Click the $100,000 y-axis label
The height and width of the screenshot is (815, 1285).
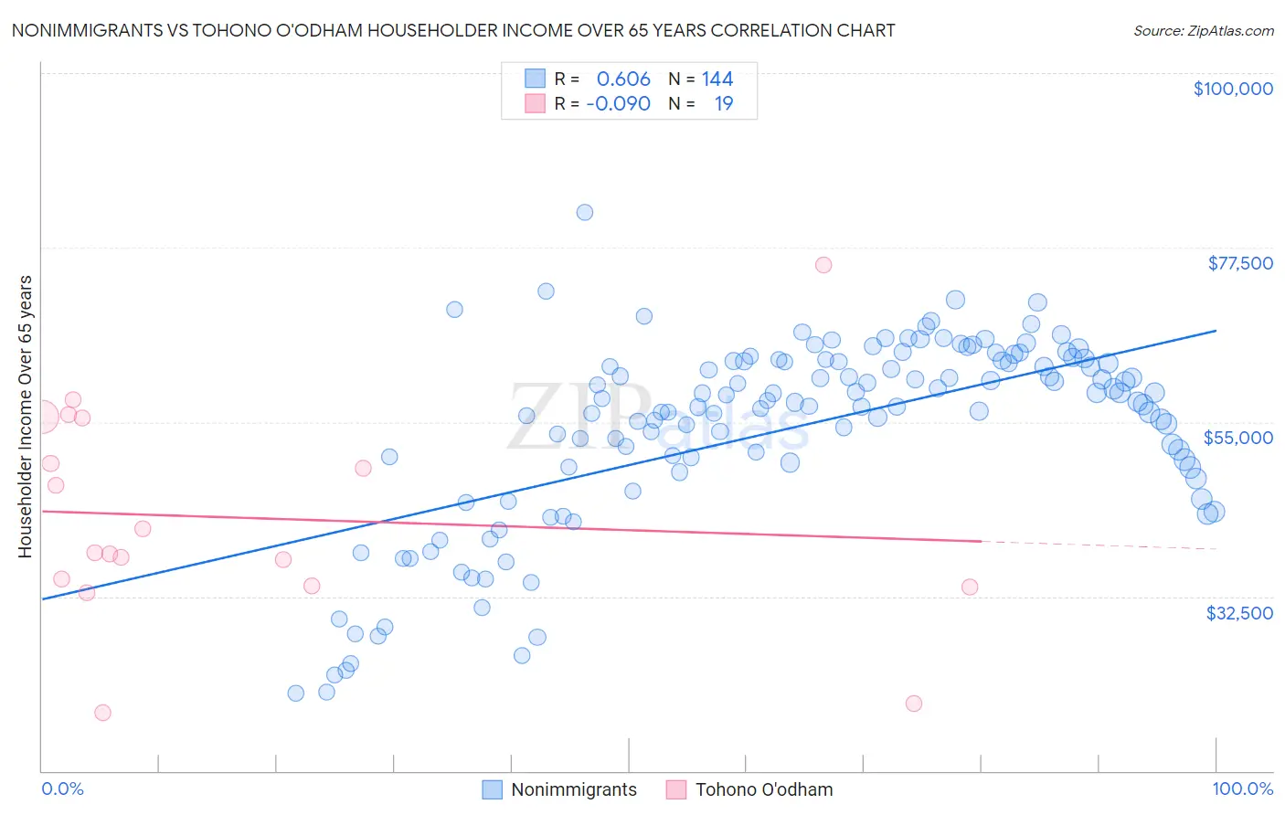[1233, 89]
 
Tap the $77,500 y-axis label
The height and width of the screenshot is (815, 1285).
[1240, 263]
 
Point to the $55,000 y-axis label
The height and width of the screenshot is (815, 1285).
[1237, 438]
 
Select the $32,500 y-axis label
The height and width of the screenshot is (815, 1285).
[1239, 613]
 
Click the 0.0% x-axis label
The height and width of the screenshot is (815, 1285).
[62, 789]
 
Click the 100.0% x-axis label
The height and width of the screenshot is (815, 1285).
[1242, 789]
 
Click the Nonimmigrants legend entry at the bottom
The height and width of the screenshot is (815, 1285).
[559, 789]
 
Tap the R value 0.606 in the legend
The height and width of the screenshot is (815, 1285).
[623, 79]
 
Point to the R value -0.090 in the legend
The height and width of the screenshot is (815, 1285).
[619, 104]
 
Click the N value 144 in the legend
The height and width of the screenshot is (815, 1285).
[717, 79]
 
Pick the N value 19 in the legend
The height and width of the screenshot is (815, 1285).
[724, 104]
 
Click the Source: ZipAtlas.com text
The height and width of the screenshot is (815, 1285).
[1203, 31]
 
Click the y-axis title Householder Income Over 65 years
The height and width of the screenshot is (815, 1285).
[26, 416]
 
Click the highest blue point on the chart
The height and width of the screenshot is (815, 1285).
[585, 212]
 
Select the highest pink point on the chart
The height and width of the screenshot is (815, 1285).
[823, 265]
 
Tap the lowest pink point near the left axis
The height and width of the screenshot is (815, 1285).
[102, 713]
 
